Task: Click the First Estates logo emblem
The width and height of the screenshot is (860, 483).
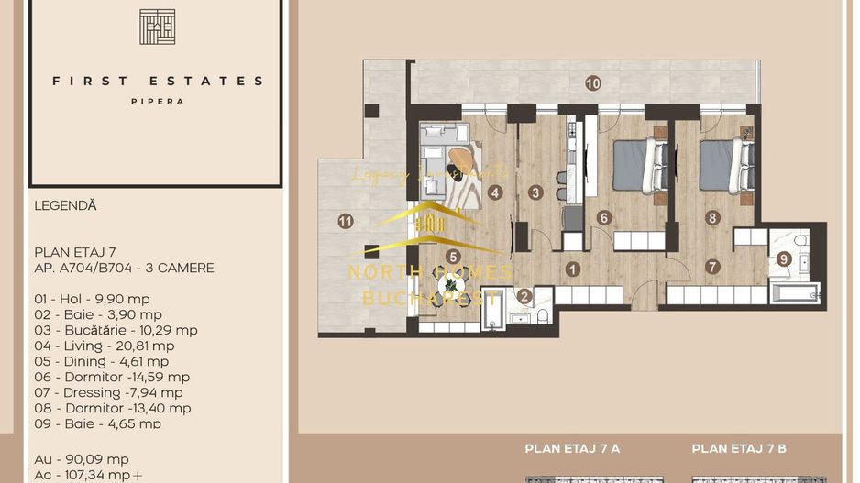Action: pos(157,27)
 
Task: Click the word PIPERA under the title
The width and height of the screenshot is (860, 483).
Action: pos(157,102)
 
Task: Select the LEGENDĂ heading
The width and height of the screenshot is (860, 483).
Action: pos(64,206)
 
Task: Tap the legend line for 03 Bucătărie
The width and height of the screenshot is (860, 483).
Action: pos(116,330)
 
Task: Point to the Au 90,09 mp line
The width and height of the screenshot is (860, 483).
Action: pos(82,459)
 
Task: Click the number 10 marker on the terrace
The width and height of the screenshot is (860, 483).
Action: pos(592,83)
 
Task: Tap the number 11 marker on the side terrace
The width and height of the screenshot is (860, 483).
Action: pos(346,220)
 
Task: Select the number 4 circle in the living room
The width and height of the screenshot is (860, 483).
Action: pos(495,192)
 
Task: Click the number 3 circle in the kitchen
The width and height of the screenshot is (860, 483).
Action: pos(535,192)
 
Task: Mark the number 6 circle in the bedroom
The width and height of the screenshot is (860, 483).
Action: pos(603,217)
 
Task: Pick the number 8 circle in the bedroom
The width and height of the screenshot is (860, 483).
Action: pos(712,217)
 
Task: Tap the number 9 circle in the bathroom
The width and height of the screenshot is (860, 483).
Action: pos(783,259)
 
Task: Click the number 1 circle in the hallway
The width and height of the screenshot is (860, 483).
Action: pos(573,269)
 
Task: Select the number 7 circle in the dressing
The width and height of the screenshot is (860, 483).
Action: pos(712,267)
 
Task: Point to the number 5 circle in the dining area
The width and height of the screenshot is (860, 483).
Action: pos(453,257)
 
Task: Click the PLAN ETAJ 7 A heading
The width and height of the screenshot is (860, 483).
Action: pos(572,448)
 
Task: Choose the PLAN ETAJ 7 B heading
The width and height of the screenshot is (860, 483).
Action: pos(739,448)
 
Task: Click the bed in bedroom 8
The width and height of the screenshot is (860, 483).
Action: pos(724,165)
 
